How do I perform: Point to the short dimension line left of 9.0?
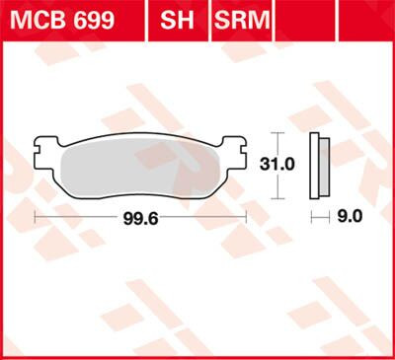tap(318, 214)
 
